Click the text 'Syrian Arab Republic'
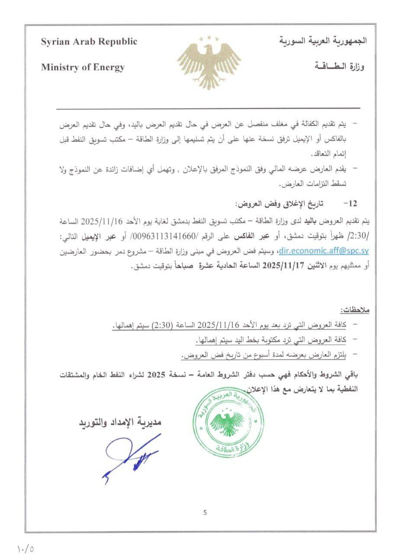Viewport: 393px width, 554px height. click(89, 42)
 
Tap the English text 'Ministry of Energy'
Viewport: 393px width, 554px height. click(83, 67)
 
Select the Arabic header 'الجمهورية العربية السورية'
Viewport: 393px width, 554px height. click(323, 42)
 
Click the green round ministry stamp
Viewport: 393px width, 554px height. click(228, 419)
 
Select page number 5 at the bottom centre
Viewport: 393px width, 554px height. click(205, 513)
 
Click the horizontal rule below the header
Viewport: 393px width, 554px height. click(208, 108)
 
